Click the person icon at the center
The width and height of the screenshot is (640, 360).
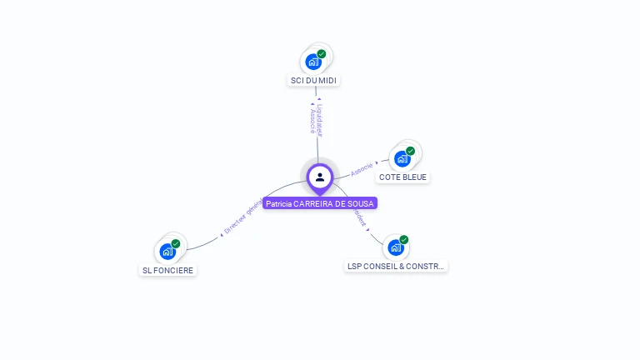pyautogui.click(x=320, y=177)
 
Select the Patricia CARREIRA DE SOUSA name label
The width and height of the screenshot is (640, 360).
pyautogui.click(x=320, y=203)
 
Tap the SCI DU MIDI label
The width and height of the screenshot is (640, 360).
pyautogui.click(x=314, y=81)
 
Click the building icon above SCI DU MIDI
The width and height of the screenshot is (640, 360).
pyautogui.click(x=312, y=61)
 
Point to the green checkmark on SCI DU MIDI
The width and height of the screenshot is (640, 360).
pyautogui.click(x=322, y=54)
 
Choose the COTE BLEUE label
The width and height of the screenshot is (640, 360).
pyautogui.click(x=402, y=177)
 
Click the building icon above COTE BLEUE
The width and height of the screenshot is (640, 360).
pyautogui.click(x=402, y=158)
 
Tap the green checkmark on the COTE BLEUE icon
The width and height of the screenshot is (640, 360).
pyautogui.click(x=410, y=151)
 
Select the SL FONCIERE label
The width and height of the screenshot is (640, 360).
pyautogui.click(x=167, y=270)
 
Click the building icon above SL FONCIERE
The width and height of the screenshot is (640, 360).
pyautogui.click(x=167, y=251)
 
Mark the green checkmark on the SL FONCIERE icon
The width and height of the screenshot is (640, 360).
pyautogui.click(x=176, y=244)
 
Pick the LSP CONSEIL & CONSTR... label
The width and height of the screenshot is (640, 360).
pyautogui.click(x=396, y=267)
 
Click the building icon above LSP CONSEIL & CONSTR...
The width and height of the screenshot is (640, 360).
pyautogui.click(x=395, y=247)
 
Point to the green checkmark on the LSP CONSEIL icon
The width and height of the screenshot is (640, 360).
pyautogui.click(x=404, y=240)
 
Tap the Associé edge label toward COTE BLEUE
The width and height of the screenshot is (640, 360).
pyautogui.click(x=362, y=167)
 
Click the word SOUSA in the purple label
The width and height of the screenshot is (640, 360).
pyautogui.click(x=362, y=203)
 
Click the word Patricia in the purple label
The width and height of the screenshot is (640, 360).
pyautogui.click(x=279, y=203)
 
